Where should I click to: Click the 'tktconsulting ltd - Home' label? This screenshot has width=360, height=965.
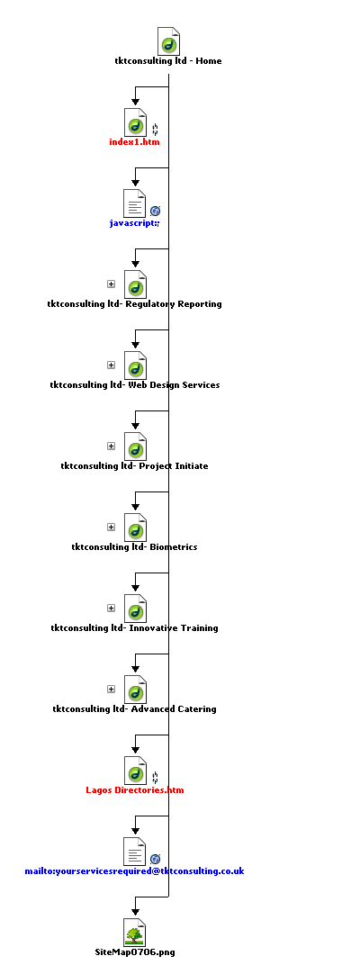[168, 61]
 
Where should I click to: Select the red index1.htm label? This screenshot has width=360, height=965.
[134, 142]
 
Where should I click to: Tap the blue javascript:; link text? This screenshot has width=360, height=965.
[134, 222]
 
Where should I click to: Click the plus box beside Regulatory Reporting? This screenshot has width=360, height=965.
[112, 284]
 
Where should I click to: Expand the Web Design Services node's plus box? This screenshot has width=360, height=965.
[112, 365]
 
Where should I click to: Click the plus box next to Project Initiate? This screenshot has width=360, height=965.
[112, 446]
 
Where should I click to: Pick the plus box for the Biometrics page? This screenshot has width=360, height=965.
[112, 527]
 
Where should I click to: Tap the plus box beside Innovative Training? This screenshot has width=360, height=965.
[112, 608]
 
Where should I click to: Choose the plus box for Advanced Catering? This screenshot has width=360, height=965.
[112, 690]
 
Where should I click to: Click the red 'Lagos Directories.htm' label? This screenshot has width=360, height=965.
[135, 790]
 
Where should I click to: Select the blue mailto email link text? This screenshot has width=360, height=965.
[134, 870]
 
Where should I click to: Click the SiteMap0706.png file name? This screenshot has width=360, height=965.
[135, 952]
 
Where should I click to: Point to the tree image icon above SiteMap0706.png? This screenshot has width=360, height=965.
[135, 932]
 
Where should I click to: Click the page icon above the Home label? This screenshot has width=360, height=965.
[168, 41]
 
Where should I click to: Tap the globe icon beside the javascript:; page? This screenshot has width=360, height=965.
[155, 211]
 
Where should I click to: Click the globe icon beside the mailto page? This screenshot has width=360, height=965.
[155, 859]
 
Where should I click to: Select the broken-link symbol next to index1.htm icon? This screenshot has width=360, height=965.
[155, 130]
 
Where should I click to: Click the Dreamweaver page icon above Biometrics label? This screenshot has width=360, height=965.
[135, 528]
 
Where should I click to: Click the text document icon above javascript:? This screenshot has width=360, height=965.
[135, 203]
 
